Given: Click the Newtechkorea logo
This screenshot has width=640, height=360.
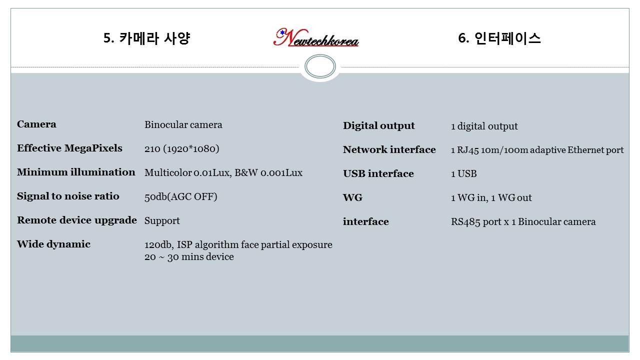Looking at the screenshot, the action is [315, 37].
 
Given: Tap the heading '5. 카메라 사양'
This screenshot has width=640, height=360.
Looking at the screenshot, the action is [147, 38].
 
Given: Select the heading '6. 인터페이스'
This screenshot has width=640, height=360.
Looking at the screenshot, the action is [499, 38].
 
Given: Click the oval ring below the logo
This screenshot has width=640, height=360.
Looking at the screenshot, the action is [320, 55].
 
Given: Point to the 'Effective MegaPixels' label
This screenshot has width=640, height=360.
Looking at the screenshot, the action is [69, 148].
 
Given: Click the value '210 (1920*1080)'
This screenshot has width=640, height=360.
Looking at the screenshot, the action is [181, 148].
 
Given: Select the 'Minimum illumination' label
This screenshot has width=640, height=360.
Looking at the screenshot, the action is [76, 172].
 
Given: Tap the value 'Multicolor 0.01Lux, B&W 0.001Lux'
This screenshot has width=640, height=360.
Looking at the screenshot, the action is [223, 172].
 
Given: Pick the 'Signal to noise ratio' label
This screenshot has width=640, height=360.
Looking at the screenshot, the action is [68, 196].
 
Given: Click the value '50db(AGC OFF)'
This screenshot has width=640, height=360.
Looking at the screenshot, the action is [180, 196].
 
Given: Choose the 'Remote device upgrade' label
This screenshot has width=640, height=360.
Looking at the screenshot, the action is [77, 220].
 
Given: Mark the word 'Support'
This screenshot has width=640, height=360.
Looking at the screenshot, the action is [162, 221].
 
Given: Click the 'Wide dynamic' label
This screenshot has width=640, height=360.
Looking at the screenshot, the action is [53, 244].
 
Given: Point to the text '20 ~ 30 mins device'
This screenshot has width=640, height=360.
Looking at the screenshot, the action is [189, 256].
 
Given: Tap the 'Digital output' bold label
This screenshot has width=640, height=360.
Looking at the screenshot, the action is [378, 125].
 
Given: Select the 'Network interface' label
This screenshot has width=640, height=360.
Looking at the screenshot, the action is [389, 149].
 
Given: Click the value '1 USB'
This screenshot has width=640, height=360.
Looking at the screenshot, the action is [463, 173].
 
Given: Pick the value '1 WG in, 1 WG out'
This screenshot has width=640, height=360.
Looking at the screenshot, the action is [491, 197].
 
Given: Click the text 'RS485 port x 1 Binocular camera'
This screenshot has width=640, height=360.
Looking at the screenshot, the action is [523, 221].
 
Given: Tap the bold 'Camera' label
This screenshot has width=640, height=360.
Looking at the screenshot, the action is [36, 124].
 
